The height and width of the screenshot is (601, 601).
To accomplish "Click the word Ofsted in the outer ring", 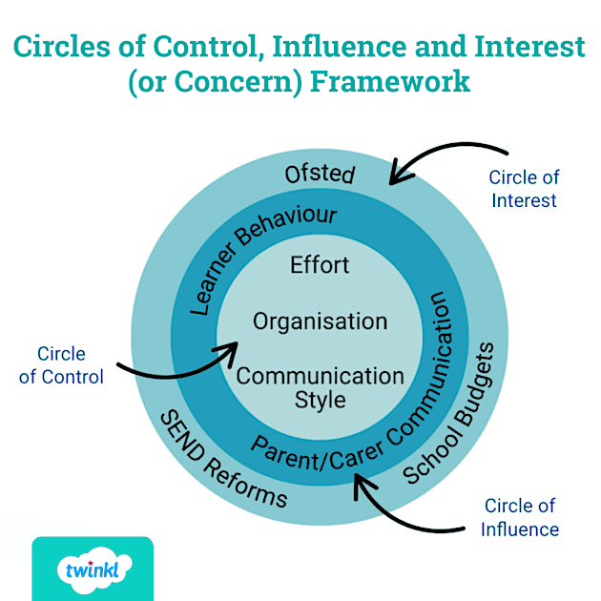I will click(x=321, y=175).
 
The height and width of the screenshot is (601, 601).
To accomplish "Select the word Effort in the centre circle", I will click(x=320, y=264).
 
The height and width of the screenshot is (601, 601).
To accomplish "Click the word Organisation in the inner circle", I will click(x=320, y=321).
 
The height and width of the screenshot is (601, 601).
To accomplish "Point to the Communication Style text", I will click(x=321, y=385).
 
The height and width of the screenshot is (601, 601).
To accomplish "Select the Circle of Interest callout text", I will click(x=523, y=189).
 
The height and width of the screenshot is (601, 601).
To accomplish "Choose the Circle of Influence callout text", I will click(x=521, y=517).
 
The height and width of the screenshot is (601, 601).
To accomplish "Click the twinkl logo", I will click(x=92, y=570).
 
